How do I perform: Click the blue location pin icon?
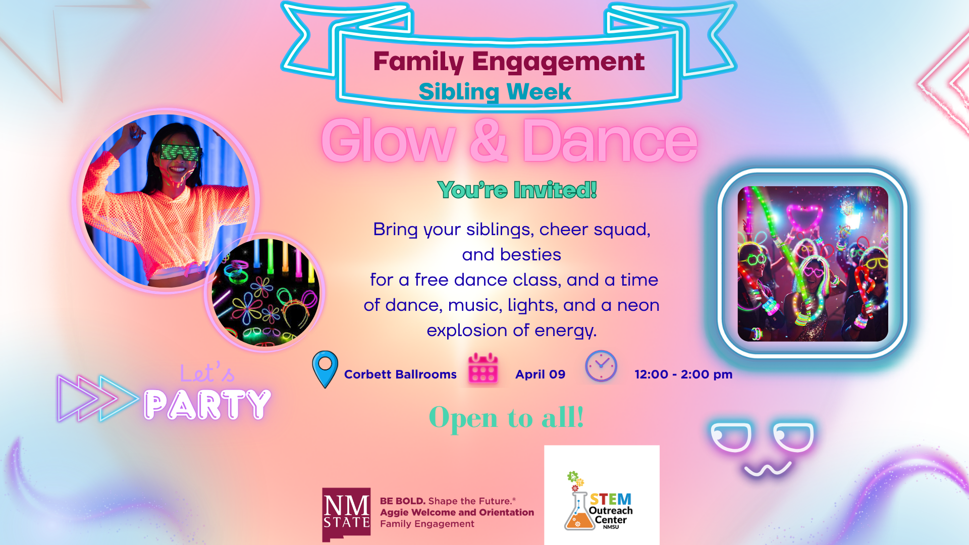(325, 369)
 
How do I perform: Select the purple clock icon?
(601, 366)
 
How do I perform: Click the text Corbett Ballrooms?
(400, 374)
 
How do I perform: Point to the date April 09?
(540, 374)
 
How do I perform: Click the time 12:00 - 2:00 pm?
(683, 374)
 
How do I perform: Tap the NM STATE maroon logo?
(346, 514)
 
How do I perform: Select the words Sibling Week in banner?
(495, 92)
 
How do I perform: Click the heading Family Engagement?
(509, 62)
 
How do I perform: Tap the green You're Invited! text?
(517, 190)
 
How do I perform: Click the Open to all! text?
(507, 418)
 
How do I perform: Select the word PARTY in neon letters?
(207, 404)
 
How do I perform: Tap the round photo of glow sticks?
(265, 292)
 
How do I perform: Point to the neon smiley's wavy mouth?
(768, 469)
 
